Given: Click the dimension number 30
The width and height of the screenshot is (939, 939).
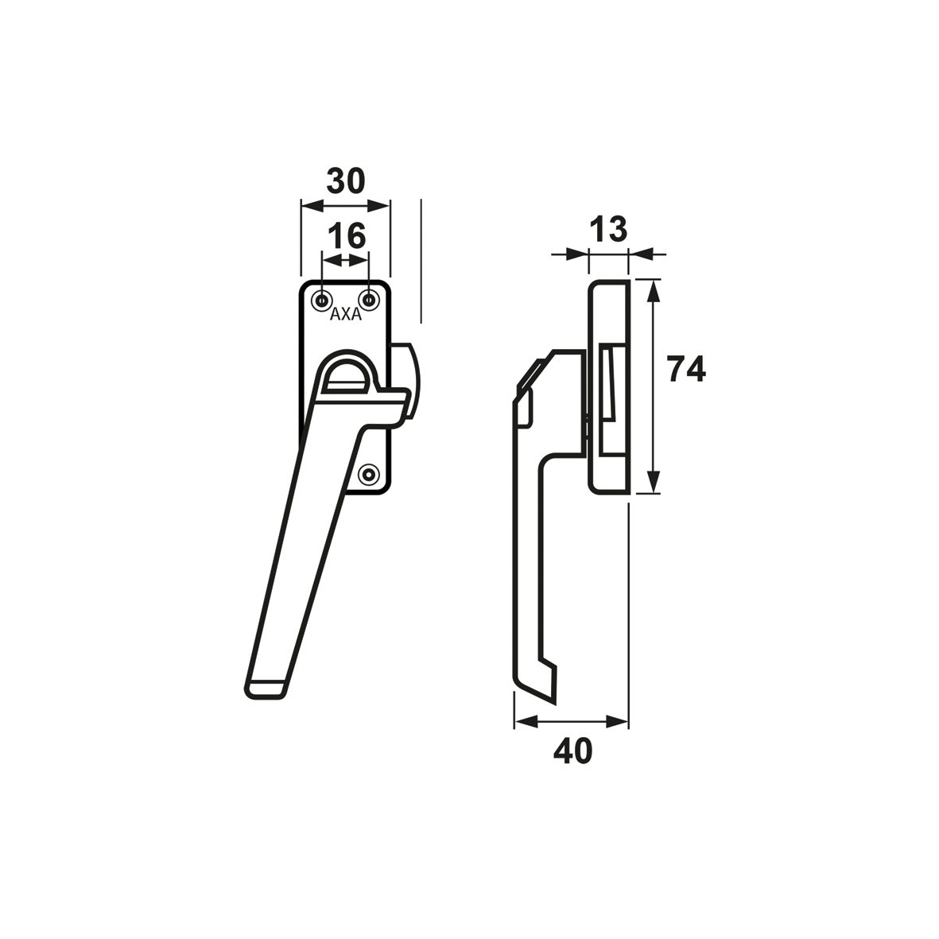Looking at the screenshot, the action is (x=346, y=180).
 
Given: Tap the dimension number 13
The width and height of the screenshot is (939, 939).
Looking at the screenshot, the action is (x=608, y=229).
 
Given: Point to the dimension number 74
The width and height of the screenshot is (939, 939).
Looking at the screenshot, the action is (x=688, y=369).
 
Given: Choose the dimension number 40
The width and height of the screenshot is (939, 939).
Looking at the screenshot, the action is (x=573, y=751).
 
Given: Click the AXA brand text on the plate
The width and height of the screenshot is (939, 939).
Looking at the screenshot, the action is (x=346, y=314).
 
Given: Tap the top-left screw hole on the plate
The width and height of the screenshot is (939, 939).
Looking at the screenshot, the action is (x=323, y=300).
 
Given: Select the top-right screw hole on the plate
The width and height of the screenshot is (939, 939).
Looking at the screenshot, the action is (x=369, y=300).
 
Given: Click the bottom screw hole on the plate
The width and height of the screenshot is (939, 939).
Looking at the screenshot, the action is (x=369, y=475).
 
